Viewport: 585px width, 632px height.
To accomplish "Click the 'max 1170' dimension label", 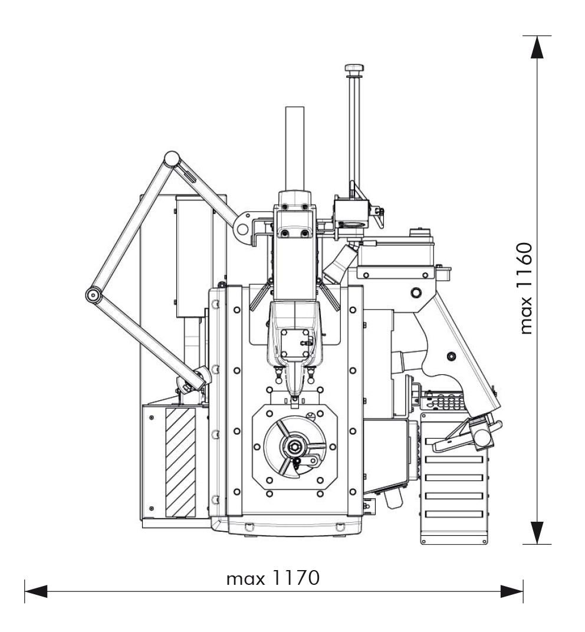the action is (x=273, y=578).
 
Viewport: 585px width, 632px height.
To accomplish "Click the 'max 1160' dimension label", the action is (x=526, y=288).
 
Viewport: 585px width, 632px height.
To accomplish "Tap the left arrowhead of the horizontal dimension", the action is (x=36, y=592).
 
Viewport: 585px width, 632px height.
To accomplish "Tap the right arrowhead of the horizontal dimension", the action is (x=512, y=592).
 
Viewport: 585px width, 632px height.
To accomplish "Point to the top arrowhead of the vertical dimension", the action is (x=537, y=47).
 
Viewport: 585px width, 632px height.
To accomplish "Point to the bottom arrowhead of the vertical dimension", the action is (x=537, y=533).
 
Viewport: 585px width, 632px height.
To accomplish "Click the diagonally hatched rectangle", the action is (x=180, y=462).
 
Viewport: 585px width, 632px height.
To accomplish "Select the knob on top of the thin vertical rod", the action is (x=354, y=68).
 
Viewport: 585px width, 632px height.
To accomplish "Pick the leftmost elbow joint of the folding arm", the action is (x=93, y=295).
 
